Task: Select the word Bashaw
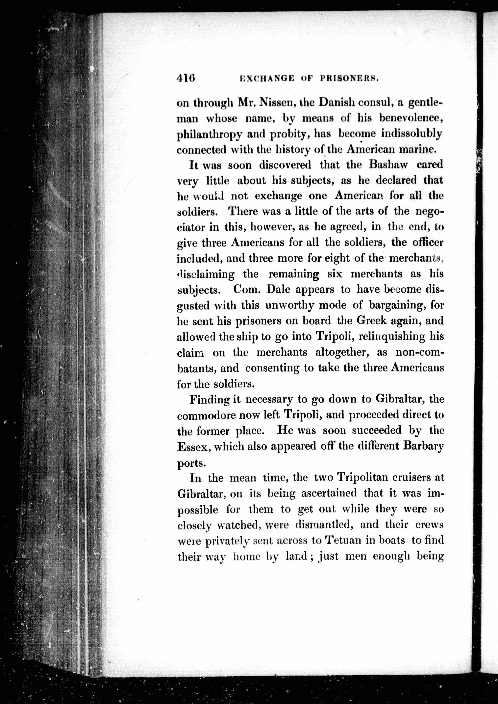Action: (x=388, y=164)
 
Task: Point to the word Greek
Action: (x=370, y=321)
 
